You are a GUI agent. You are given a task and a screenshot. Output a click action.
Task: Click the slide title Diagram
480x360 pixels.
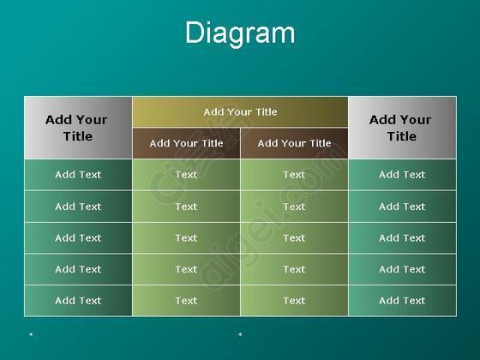pyautogui.click(x=240, y=33)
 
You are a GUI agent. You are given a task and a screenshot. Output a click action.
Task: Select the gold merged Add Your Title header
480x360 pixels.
pyautogui.click(x=240, y=112)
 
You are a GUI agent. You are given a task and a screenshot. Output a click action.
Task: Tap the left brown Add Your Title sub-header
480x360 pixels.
pyautogui.click(x=187, y=143)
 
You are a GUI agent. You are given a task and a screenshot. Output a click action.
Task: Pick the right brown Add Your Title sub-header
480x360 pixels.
pyautogui.click(x=294, y=143)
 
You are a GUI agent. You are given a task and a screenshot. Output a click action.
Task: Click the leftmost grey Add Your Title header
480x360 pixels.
pyautogui.click(x=78, y=128)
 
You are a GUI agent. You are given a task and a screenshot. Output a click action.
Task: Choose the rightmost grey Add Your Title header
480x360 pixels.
pyautogui.click(x=402, y=128)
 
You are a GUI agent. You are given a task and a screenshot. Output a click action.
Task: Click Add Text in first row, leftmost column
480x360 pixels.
pyautogui.click(x=78, y=175)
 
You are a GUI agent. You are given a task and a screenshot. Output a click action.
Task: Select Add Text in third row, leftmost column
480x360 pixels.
pyautogui.click(x=78, y=238)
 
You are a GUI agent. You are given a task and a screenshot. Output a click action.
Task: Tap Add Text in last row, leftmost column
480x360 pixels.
pyautogui.click(x=78, y=301)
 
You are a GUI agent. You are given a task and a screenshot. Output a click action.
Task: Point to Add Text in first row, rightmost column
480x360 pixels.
pyautogui.click(x=402, y=175)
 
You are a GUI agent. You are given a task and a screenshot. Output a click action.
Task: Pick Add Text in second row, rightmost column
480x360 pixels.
pyautogui.click(x=402, y=207)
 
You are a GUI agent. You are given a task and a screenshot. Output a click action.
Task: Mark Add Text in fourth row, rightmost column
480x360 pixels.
pyautogui.click(x=402, y=269)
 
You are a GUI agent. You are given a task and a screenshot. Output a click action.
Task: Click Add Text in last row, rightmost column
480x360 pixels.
pyautogui.click(x=402, y=301)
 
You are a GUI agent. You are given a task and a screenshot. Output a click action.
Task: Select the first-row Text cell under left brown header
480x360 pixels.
pyautogui.click(x=187, y=175)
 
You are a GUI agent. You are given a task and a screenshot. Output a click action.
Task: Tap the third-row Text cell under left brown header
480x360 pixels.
pyautogui.click(x=187, y=238)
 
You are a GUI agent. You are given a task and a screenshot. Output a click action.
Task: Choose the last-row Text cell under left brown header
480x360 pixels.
pyautogui.click(x=187, y=301)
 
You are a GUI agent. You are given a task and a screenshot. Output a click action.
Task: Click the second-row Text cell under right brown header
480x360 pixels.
pyautogui.click(x=294, y=207)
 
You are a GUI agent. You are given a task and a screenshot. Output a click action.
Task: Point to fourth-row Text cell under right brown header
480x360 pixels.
pyautogui.click(x=294, y=269)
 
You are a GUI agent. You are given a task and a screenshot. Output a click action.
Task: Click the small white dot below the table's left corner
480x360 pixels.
pyautogui.click(x=31, y=334)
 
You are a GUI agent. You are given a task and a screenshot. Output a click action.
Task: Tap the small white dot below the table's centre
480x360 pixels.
pyautogui.click(x=240, y=334)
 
